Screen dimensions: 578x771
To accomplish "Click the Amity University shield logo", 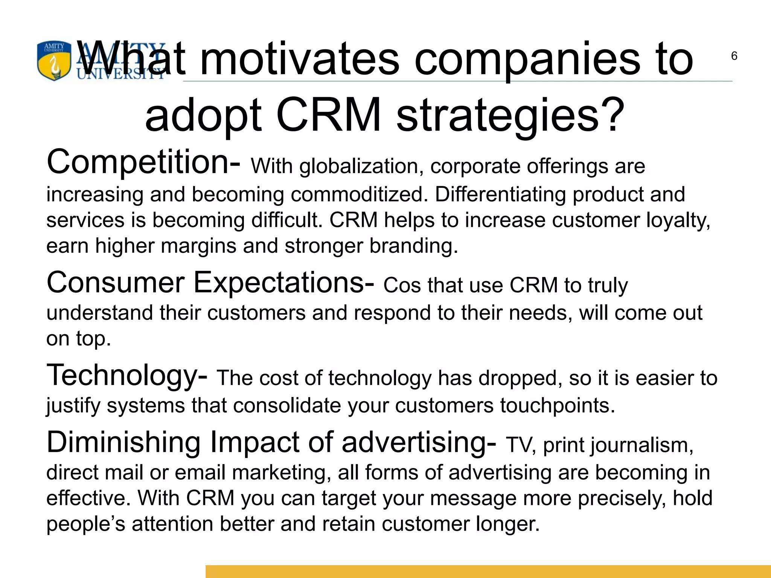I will [x=54, y=61].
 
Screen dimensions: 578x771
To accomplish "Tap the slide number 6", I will [x=734, y=56].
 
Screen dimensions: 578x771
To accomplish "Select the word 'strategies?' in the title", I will [x=510, y=114].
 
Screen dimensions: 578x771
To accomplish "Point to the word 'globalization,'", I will [x=361, y=166].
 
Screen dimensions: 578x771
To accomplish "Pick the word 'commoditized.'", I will [x=360, y=195].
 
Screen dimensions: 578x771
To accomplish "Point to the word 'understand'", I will [x=99, y=313].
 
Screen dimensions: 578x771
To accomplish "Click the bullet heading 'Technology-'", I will [x=126, y=375].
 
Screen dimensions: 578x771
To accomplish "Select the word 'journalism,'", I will [x=641, y=446].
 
